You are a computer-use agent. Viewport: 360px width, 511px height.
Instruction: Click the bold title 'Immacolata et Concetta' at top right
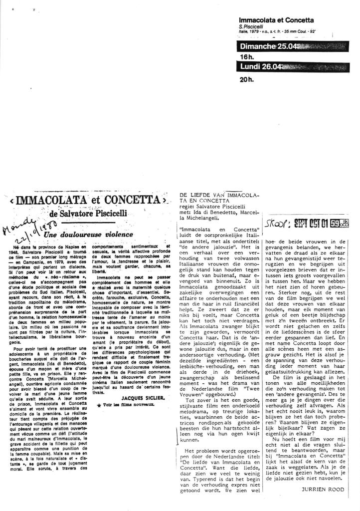pyautogui.click(x=276, y=20)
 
